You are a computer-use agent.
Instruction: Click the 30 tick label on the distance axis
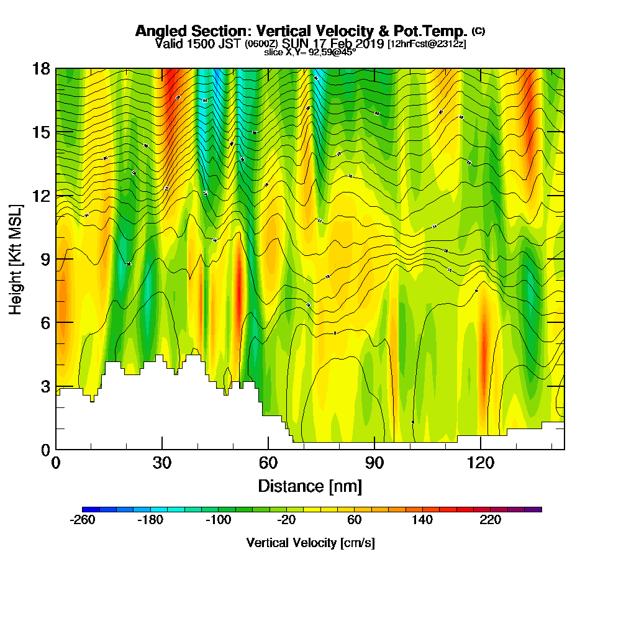(162, 463)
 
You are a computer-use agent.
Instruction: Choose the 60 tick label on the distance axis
(268, 463)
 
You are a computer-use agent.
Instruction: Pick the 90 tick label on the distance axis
(374, 463)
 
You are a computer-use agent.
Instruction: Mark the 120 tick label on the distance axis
(481, 463)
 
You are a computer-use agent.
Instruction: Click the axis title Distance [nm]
(310, 485)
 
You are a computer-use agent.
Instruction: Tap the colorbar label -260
(83, 520)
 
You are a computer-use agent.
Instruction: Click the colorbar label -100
(219, 520)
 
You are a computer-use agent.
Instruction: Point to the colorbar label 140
(422, 520)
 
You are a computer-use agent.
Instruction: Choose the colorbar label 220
(490, 520)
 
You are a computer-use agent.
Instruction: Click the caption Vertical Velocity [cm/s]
(310, 543)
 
